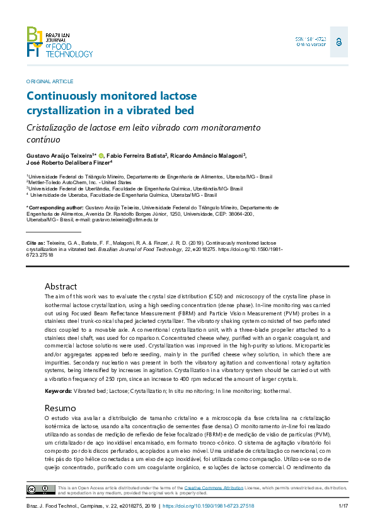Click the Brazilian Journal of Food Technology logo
59,42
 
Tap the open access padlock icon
339,42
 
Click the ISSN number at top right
311,39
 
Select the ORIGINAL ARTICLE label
50,82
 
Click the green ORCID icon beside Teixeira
101,156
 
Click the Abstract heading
61,286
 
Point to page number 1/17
343,506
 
